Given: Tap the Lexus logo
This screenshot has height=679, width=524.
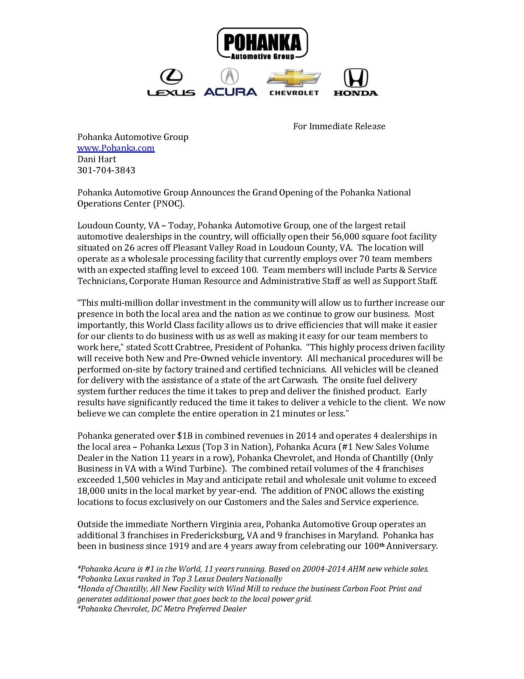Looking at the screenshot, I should click(x=171, y=83).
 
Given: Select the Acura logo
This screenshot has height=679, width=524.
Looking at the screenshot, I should click(x=230, y=82).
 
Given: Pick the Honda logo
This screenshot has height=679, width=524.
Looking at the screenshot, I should click(x=355, y=83).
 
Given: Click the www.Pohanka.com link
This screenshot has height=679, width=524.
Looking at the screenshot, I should click(x=116, y=148).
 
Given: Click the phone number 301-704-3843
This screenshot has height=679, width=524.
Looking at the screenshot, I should click(x=106, y=170).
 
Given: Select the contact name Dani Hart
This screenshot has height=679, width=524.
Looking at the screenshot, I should click(x=97, y=159).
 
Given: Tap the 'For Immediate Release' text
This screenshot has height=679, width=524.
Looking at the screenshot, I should click(x=339, y=126).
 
